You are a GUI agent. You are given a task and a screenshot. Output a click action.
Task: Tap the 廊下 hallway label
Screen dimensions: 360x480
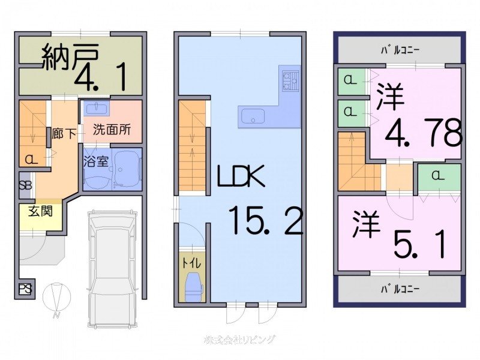click(x=64, y=134)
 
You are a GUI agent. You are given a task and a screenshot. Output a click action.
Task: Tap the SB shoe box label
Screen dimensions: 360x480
click(x=25, y=185)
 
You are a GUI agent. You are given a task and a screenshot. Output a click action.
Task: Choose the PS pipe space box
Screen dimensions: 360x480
click(x=25, y=289)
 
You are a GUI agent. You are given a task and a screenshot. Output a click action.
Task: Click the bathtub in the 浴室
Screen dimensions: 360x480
click(x=126, y=169)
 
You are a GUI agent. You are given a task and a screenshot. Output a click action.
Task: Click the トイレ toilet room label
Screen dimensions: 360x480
click(x=192, y=262)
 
